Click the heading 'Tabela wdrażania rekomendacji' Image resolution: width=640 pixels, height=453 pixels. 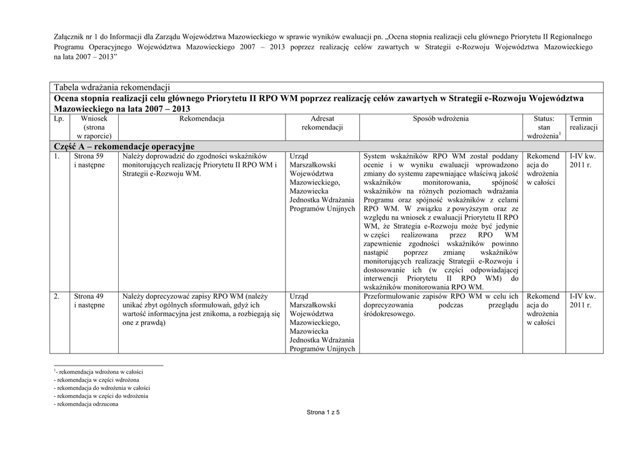pyautogui.click(x=112, y=87)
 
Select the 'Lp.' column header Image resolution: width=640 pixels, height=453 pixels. pyautogui.click(x=59, y=119)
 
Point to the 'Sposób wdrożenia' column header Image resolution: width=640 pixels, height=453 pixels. pyautogui.click(x=441, y=119)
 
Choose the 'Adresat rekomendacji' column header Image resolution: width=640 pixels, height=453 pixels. pyautogui.click(x=322, y=123)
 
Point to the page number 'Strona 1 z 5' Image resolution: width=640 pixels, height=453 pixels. pyautogui.click(x=322, y=413)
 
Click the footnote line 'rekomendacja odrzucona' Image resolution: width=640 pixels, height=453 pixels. pyautogui.click(x=87, y=404)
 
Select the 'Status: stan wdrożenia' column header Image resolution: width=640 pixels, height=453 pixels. pyautogui.click(x=544, y=127)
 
